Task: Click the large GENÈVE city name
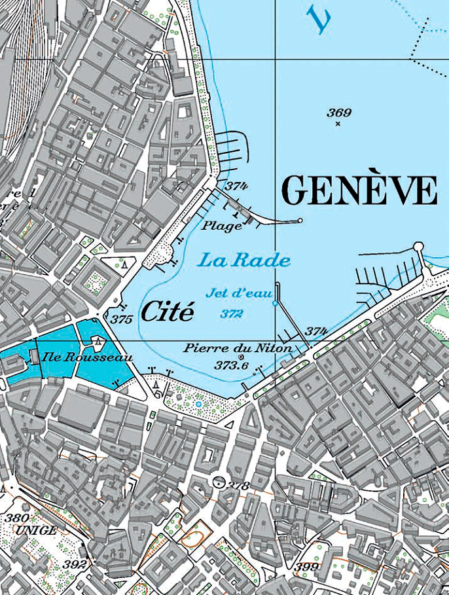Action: (x=359, y=191)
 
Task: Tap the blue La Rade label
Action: (x=244, y=261)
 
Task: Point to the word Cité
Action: (x=168, y=312)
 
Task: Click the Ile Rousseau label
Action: (x=87, y=357)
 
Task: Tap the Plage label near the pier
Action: (x=221, y=226)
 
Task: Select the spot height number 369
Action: (x=339, y=113)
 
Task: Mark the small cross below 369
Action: (x=338, y=124)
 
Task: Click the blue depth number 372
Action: (x=232, y=314)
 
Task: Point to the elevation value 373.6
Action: (x=231, y=366)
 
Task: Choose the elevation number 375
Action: (x=121, y=319)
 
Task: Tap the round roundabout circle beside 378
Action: (x=219, y=482)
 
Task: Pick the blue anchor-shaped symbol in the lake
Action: (x=321, y=22)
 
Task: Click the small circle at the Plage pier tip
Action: (x=300, y=221)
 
